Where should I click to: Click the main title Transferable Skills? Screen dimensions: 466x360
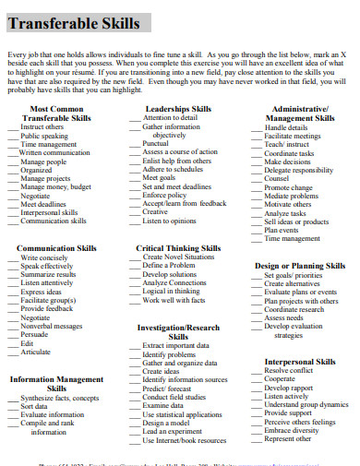tap(75, 23)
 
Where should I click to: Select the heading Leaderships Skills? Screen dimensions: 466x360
tap(178, 109)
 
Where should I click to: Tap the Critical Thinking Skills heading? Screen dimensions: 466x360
tap(178, 248)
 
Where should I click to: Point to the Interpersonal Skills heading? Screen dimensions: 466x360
tap(300, 362)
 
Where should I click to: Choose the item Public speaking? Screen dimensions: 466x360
tap(44, 136)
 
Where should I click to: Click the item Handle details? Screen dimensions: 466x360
tap(286, 127)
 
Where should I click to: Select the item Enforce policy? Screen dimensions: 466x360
tap(164, 195)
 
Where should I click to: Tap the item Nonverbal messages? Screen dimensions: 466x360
tap(52, 326)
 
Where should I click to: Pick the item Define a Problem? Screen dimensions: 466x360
tap(169, 265)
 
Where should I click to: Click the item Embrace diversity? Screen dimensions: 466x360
tap(292, 430)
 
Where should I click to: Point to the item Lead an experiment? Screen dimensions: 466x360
tap(173, 431)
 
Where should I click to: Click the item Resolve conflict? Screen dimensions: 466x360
tap(289, 370)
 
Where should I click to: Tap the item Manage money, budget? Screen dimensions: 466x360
tap(55, 186)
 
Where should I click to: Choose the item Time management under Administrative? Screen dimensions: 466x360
tap(293, 238)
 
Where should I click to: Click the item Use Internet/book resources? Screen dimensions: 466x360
tap(186, 440)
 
